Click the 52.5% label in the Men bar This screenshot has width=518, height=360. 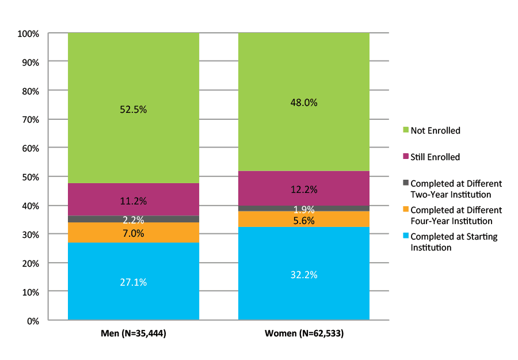[134, 109]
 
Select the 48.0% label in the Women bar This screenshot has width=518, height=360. [304, 103]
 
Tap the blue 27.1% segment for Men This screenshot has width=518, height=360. [134, 282]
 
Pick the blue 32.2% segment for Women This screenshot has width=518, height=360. [304, 274]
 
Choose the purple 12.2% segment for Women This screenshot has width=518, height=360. [304, 189]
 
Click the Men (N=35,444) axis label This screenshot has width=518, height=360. [134, 334]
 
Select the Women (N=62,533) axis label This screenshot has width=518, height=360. [304, 334]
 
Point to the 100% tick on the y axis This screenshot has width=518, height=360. [28, 34]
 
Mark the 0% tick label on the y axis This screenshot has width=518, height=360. [32, 321]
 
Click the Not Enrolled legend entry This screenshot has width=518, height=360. [435, 131]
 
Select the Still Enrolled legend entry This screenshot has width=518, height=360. [435, 157]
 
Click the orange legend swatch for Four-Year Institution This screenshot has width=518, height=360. [406, 210]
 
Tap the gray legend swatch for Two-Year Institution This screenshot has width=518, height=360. [406, 183]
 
